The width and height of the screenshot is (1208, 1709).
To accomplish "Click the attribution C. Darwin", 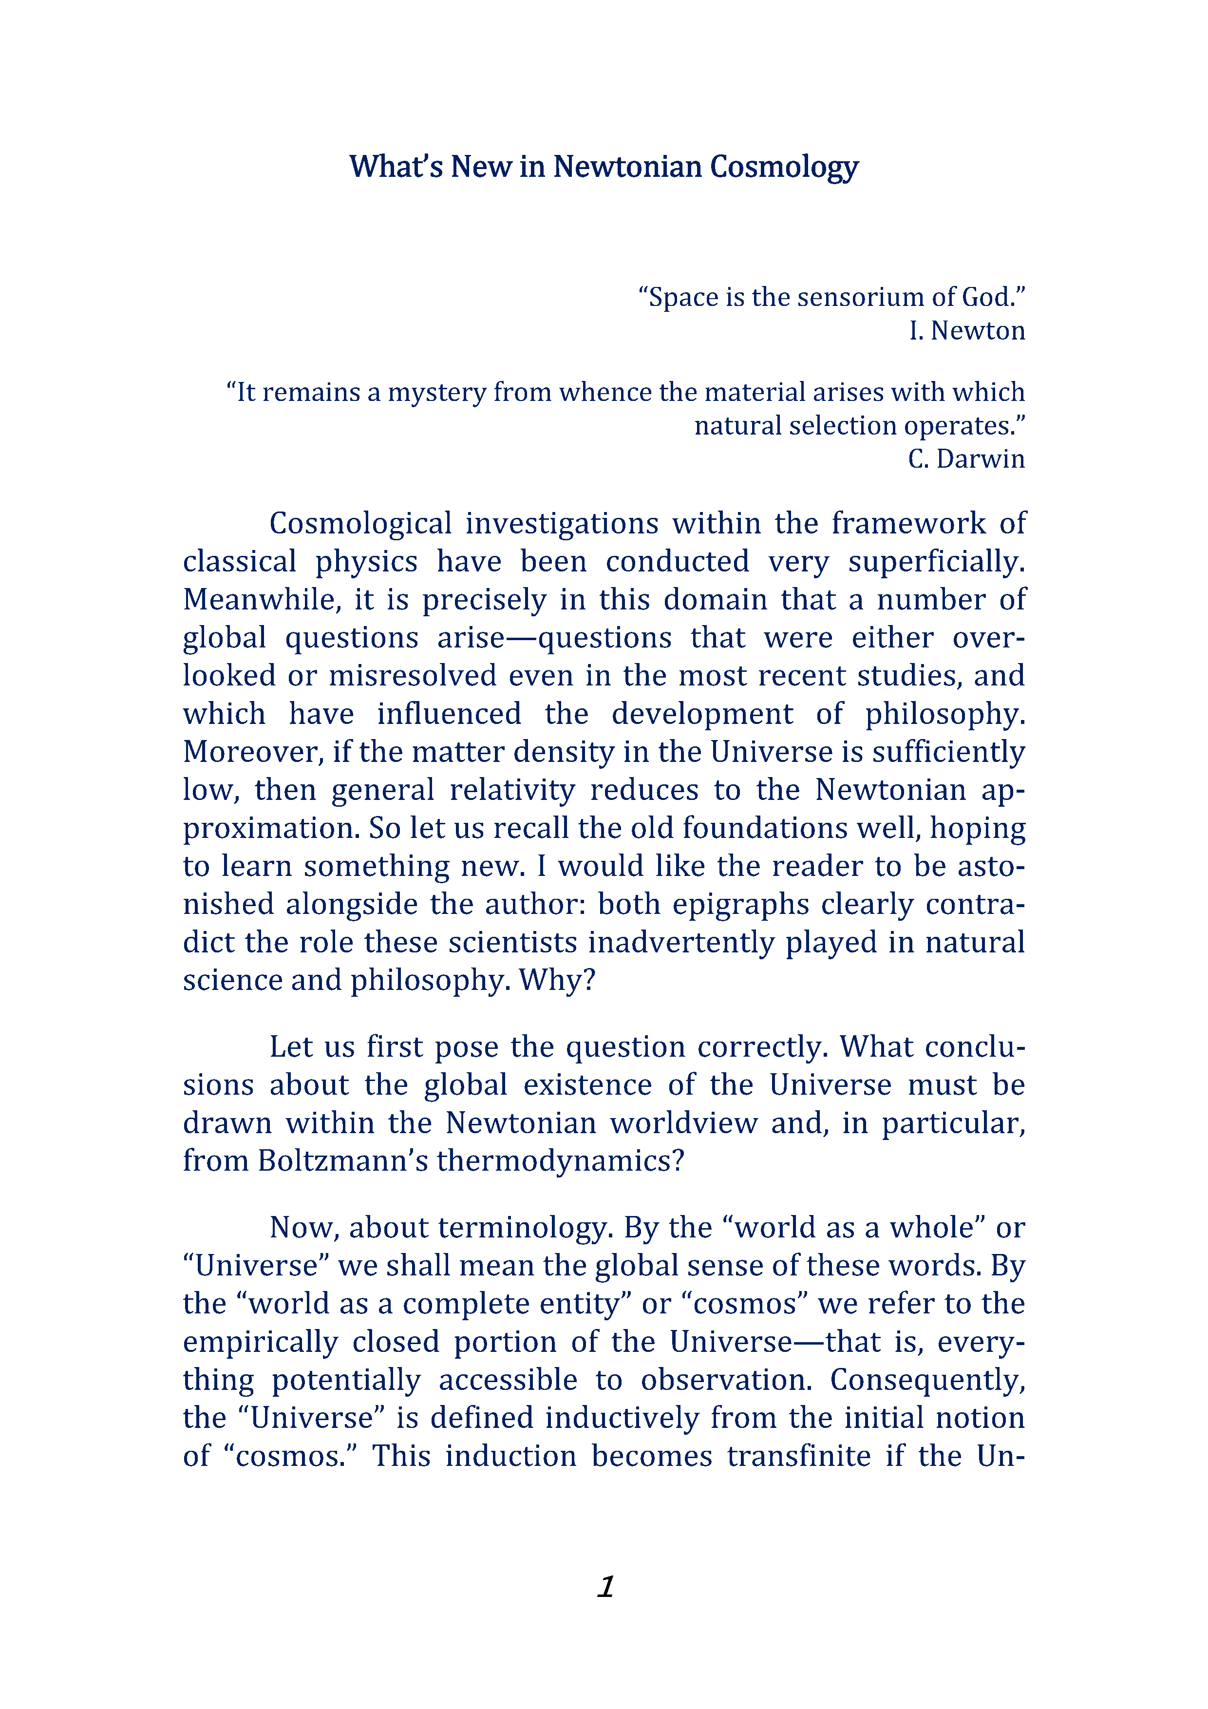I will [x=965, y=458].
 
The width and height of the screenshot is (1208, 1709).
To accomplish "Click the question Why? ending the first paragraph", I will [x=557, y=980].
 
